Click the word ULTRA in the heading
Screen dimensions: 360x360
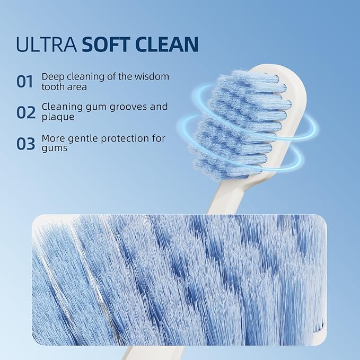tap(46, 45)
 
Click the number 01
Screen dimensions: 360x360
tap(25, 82)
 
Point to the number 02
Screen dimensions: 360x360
tap(25, 112)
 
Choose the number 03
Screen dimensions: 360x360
tap(25, 144)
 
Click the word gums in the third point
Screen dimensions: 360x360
tap(55, 148)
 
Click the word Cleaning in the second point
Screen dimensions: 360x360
tap(62, 107)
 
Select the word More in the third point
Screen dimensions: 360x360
tap(54, 139)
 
